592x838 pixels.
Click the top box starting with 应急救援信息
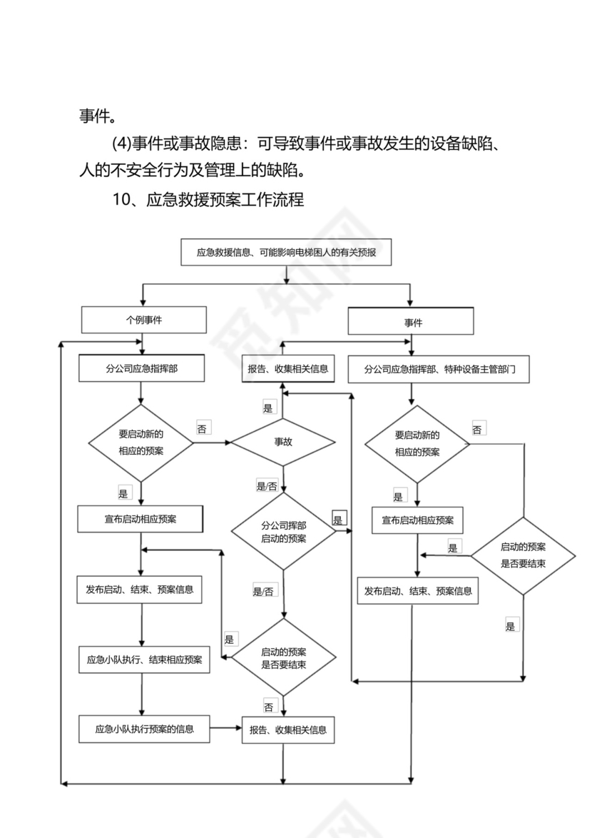286,252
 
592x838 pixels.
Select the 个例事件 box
143,320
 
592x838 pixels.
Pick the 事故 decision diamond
283,442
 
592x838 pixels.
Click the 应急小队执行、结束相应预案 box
143,660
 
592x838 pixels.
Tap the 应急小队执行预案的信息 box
143,729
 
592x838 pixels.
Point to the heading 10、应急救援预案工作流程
208,200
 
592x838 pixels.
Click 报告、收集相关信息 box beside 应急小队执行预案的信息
287,730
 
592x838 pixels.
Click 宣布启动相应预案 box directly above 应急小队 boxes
141,519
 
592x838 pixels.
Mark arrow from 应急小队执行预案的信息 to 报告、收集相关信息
226,729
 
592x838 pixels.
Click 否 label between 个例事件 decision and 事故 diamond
202,429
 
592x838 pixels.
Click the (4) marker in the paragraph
123,143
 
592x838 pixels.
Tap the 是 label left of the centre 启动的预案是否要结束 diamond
230,639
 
